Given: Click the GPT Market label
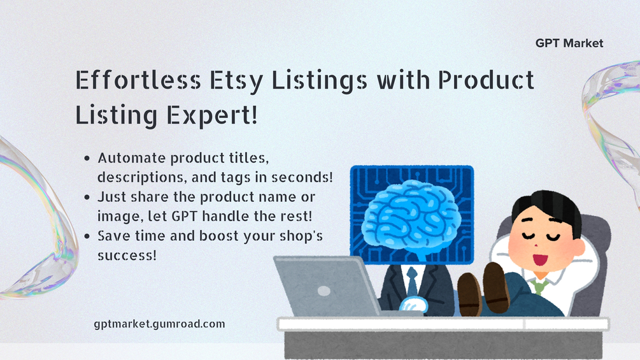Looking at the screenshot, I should pyautogui.click(x=569, y=43).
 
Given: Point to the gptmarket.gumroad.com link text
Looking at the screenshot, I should pyautogui.click(x=159, y=324).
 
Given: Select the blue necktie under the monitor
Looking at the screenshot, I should pyautogui.click(x=412, y=280).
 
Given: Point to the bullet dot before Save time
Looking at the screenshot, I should pyautogui.click(x=87, y=236).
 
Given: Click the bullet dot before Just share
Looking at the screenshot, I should pyautogui.click(x=87, y=197).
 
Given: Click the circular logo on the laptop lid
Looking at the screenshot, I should pyautogui.click(x=324, y=291).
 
